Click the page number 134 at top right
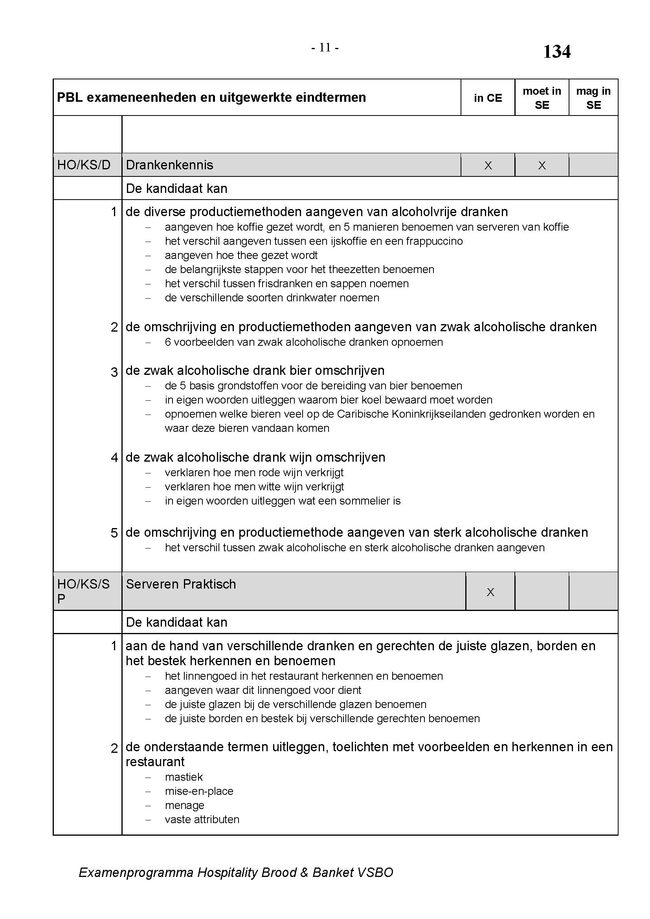(x=556, y=51)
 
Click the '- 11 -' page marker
(x=325, y=48)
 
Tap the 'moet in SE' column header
(x=542, y=98)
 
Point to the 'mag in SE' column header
(x=593, y=98)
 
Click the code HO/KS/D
(x=84, y=165)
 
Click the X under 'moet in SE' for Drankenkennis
(x=542, y=165)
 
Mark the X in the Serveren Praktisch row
(x=490, y=592)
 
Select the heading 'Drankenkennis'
(x=169, y=165)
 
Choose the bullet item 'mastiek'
(x=184, y=777)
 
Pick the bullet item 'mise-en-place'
(x=199, y=791)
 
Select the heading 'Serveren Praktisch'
(x=180, y=584)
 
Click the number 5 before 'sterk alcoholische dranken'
(x=114, y=533)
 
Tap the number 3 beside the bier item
(x=114, y=372)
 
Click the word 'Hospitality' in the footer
(x=227, y=873)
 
